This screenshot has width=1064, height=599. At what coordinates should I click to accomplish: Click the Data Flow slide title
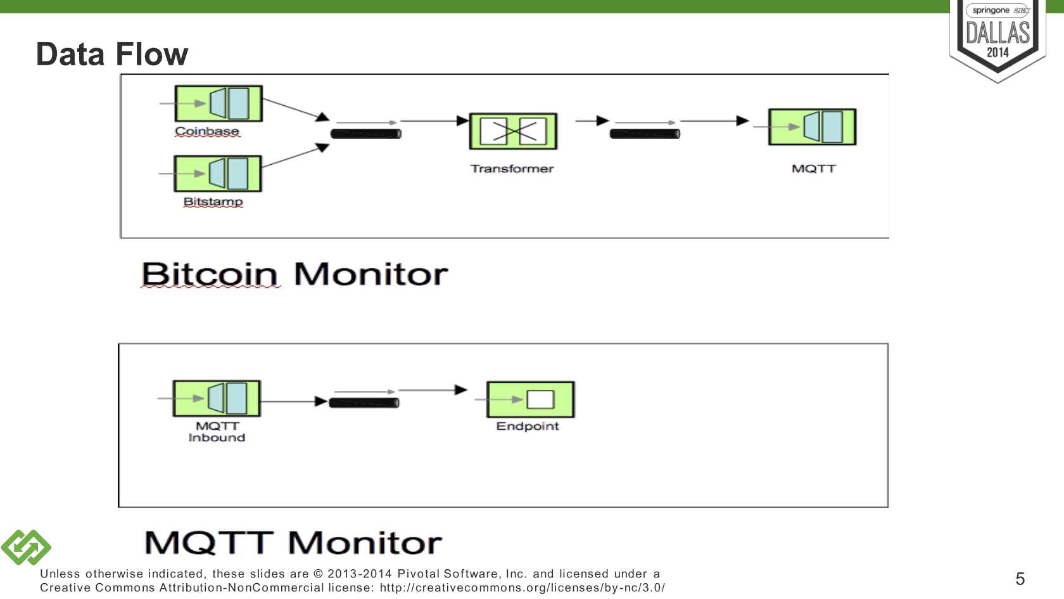coord(112,54)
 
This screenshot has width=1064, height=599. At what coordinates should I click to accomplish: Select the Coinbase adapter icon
coord(218,103)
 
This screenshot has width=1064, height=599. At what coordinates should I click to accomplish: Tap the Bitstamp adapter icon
coord(218,173)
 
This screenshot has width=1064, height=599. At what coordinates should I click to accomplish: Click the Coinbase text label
coord(207,131)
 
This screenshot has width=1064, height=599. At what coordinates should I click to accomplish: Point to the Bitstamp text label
coord(213,202)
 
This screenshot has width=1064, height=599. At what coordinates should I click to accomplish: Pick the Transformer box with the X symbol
coord(513,131)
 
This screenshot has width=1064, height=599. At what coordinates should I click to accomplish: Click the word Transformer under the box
coord(512,169)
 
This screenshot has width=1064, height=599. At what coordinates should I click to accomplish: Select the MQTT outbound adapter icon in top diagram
coord(812,127)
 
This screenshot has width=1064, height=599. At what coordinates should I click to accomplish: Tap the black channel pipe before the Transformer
coord(366,134)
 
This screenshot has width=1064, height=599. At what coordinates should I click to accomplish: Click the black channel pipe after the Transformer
coord(645,134)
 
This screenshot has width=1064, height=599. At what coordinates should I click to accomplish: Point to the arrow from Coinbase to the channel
coord(295,108)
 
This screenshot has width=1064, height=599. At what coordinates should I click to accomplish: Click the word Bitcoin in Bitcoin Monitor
coord(210,274)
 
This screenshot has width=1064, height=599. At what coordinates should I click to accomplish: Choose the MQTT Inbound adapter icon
coord(217,398)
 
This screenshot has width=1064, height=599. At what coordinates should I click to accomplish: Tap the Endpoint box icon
coord(530,399)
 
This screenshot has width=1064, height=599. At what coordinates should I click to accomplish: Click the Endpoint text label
coord(527,426)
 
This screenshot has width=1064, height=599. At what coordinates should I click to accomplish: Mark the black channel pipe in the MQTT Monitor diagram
coord(364,403)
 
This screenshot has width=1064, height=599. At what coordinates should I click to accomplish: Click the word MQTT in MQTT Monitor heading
coord(209,543)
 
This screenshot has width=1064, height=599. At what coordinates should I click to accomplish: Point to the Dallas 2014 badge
coord(997,38)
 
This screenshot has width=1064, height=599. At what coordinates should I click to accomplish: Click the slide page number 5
coord(1020,579)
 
